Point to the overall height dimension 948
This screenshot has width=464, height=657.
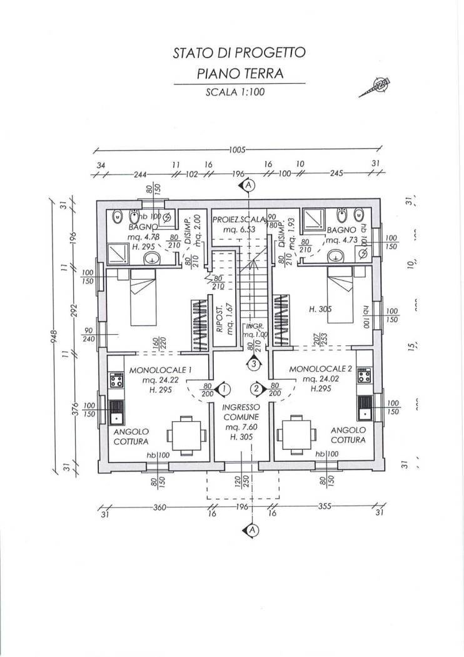click(54, 337)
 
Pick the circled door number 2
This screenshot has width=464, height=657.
click(255, 389)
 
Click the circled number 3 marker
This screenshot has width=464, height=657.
click(253, 363)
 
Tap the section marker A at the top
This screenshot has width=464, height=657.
click(249, 186)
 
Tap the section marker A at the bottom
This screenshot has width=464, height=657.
click(251, 530)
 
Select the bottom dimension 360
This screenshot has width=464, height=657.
click(159, 507)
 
